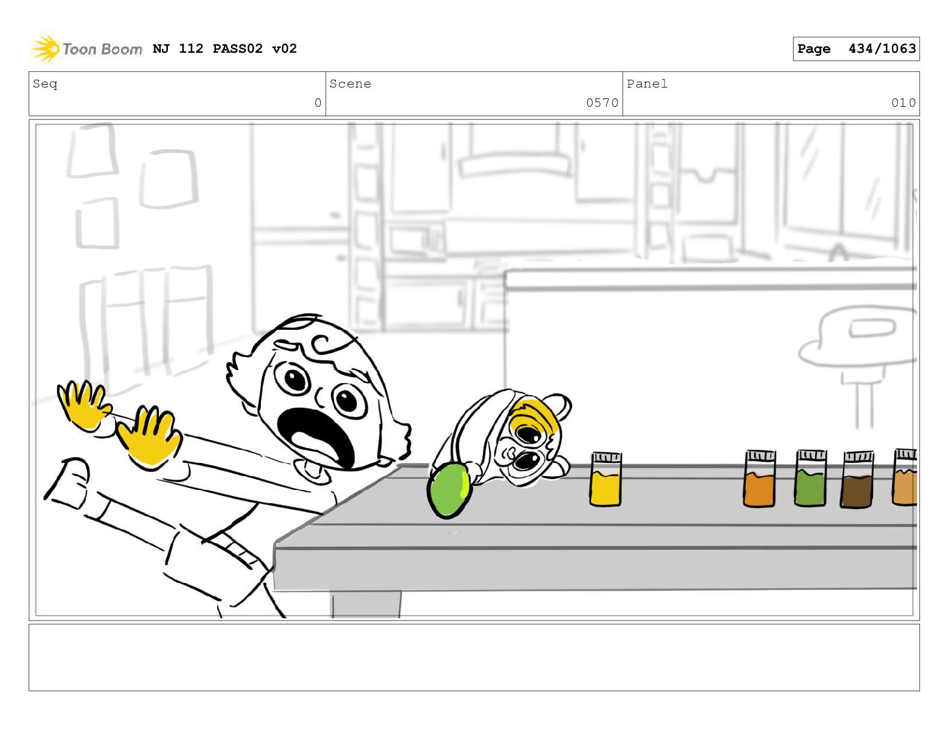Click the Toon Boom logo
87,49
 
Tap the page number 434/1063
882,49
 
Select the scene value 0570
602,103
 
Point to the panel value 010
903,103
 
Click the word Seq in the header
45,84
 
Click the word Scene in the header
350,83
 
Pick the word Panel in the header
647,83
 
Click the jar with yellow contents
605,479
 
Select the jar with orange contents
759,479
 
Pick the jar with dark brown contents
856,480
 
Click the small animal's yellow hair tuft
535,416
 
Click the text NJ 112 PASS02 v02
225,48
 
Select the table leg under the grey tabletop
365,604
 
